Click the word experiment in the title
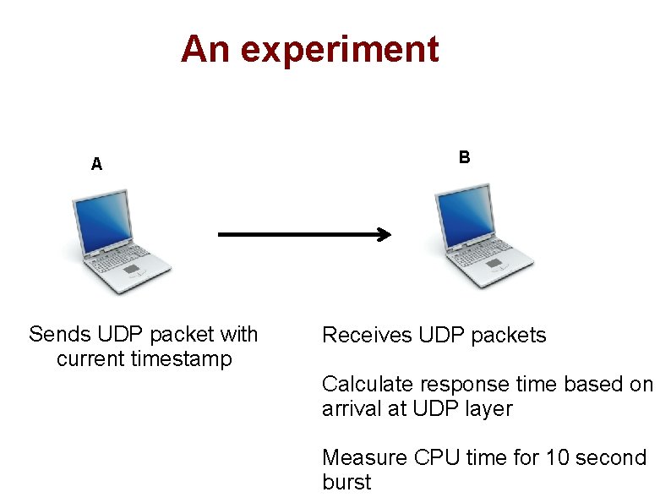tap(340, 51)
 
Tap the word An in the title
tap(205, 49)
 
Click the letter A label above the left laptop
tap(97, 164)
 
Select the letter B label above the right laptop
tap(464, 157)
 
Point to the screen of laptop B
tap(464, 215)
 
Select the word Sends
tap(59, 335)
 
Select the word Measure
tap(365, 458)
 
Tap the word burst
tap(346, 483)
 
